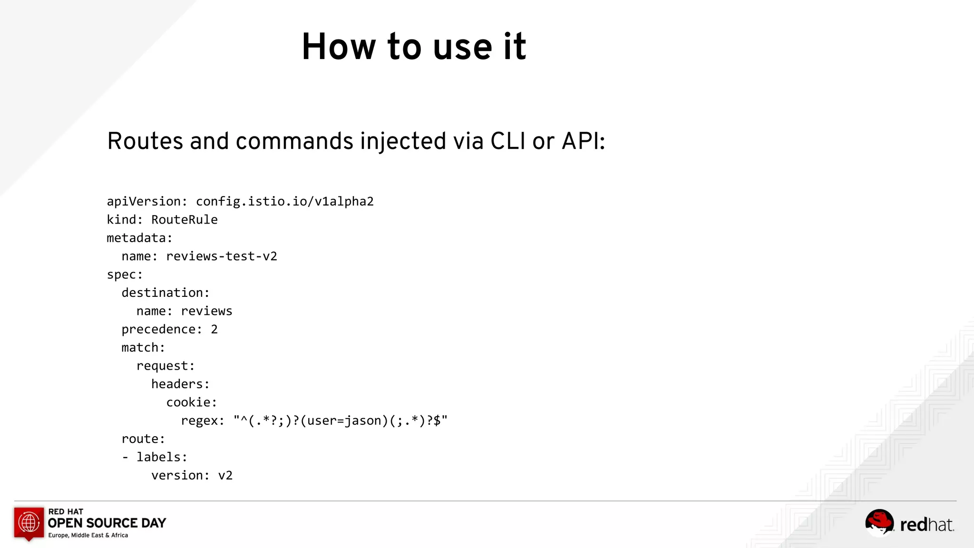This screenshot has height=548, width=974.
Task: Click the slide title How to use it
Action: (414, 47)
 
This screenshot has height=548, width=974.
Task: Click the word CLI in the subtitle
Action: (508, 141)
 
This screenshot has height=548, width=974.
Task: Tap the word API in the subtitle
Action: (581, 141)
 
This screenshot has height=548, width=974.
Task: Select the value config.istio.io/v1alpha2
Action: (284, 202)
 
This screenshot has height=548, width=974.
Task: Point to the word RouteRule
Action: (184, 220)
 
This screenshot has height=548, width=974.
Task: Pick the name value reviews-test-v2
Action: (221, 256)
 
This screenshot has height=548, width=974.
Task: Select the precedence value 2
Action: (214, 329)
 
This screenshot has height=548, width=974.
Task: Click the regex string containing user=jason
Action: (341, 421)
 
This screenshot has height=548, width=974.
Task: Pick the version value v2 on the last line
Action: (225, 476)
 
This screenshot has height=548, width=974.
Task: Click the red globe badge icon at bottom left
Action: (29, 523)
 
